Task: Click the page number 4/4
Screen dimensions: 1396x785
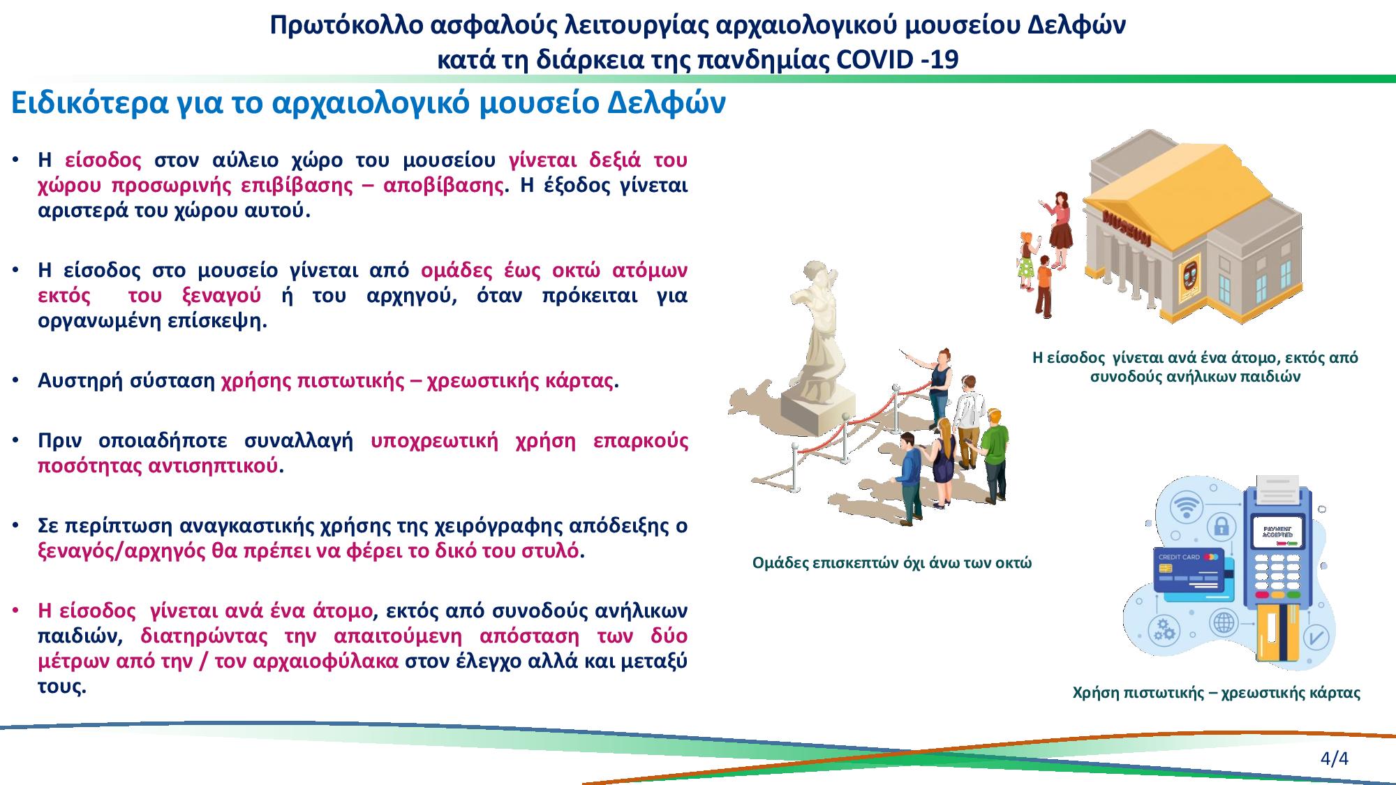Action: coord(1334,758)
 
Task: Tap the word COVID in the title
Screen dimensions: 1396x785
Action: coord(875,60)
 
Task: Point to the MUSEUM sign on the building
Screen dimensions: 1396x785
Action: coord(1127,230)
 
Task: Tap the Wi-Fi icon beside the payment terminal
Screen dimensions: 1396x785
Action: coord(1186,506)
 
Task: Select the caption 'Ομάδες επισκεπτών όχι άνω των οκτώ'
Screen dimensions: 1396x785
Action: coord(891,563)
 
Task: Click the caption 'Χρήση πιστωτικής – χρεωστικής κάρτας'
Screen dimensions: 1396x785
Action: coord(1216,693)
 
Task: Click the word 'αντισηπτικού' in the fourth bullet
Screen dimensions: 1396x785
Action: coord(213,467)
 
